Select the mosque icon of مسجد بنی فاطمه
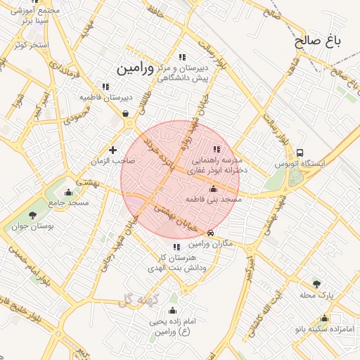coord(214,188)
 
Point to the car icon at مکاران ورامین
coord(211,233)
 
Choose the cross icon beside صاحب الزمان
coord(112,149)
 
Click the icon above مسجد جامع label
coord(68,192)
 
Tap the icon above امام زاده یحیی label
coord(172,310)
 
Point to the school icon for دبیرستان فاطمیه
coord(105,86)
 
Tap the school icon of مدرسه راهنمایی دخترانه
coord(216,149)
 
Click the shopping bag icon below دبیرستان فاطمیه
coord(125,112)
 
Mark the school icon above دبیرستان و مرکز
coord(182,57)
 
